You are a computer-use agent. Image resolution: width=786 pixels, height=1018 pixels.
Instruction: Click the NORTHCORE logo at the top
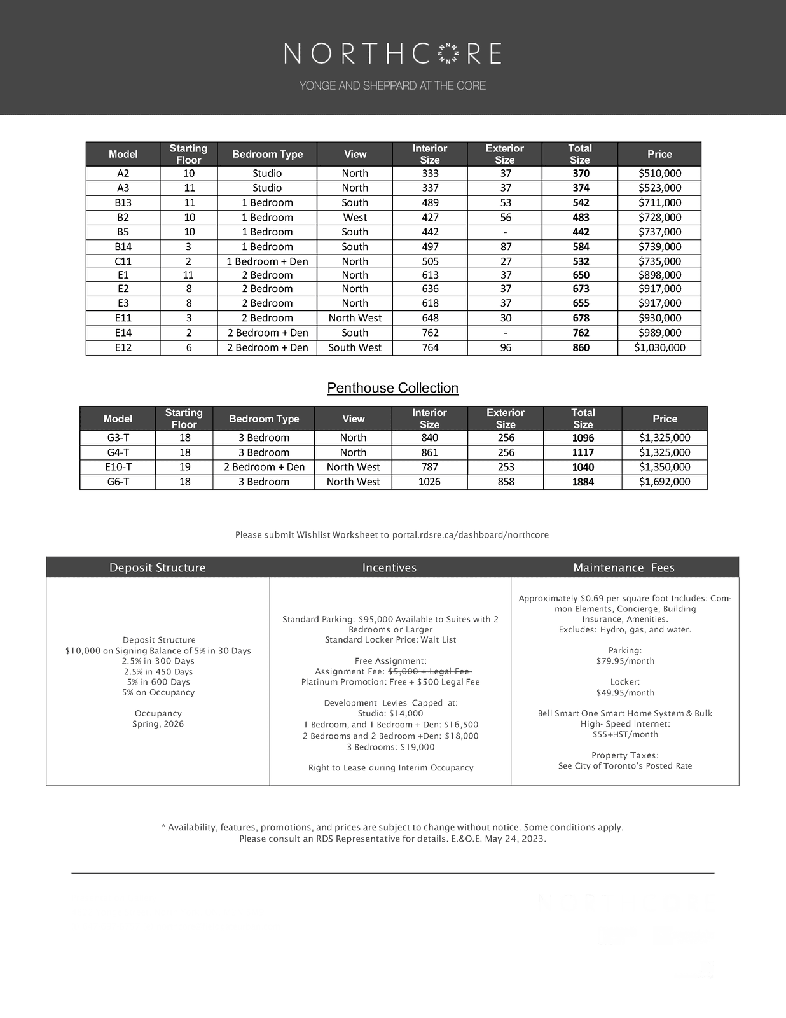click(x=392, y=54)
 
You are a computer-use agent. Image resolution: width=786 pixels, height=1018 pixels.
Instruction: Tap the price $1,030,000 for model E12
click(x=659, y=348)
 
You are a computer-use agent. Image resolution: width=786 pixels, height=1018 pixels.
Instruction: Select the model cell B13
click(x=123, y=203)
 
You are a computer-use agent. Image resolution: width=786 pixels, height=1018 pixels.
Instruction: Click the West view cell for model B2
click(x=355, y=218)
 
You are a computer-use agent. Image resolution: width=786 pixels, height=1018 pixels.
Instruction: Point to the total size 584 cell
click(x=581, y=247)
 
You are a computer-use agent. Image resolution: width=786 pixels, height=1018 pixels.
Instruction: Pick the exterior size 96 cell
click(x=506, y=348)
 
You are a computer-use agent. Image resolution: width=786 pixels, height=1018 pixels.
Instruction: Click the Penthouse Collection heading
click(x=392, y=388)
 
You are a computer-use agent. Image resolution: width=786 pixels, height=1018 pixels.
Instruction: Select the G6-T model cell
click(x=118, y=482)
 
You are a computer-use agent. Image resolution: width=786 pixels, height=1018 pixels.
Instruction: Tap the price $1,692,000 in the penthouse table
click(x=665, y=482)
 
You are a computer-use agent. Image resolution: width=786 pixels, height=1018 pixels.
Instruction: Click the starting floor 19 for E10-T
click(x=184, y=468)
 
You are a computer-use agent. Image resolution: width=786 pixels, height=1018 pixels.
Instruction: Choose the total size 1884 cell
click(x=583, y=482)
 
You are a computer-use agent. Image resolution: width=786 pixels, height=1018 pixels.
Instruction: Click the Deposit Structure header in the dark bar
click(x=157, y=568)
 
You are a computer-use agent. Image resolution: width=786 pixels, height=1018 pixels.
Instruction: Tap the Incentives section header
click(x=389, y=568)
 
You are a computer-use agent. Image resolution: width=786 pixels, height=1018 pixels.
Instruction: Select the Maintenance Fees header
click(x=623, y=568)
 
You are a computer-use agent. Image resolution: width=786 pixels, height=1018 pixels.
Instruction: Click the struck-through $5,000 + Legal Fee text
click(x=429, y=672)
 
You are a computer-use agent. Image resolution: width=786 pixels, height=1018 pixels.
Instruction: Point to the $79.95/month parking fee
click(x=625, y=661)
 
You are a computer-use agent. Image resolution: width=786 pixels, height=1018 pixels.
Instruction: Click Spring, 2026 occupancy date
click(x=158, y=724)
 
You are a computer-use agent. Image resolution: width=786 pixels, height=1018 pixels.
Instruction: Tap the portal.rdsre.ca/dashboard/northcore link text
click(x=470, y=535)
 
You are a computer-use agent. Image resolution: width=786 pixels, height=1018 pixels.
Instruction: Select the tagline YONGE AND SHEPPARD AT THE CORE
click(x=392, y=86)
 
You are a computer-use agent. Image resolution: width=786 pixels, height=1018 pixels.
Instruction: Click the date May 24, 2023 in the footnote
click(x=516, y=839)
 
